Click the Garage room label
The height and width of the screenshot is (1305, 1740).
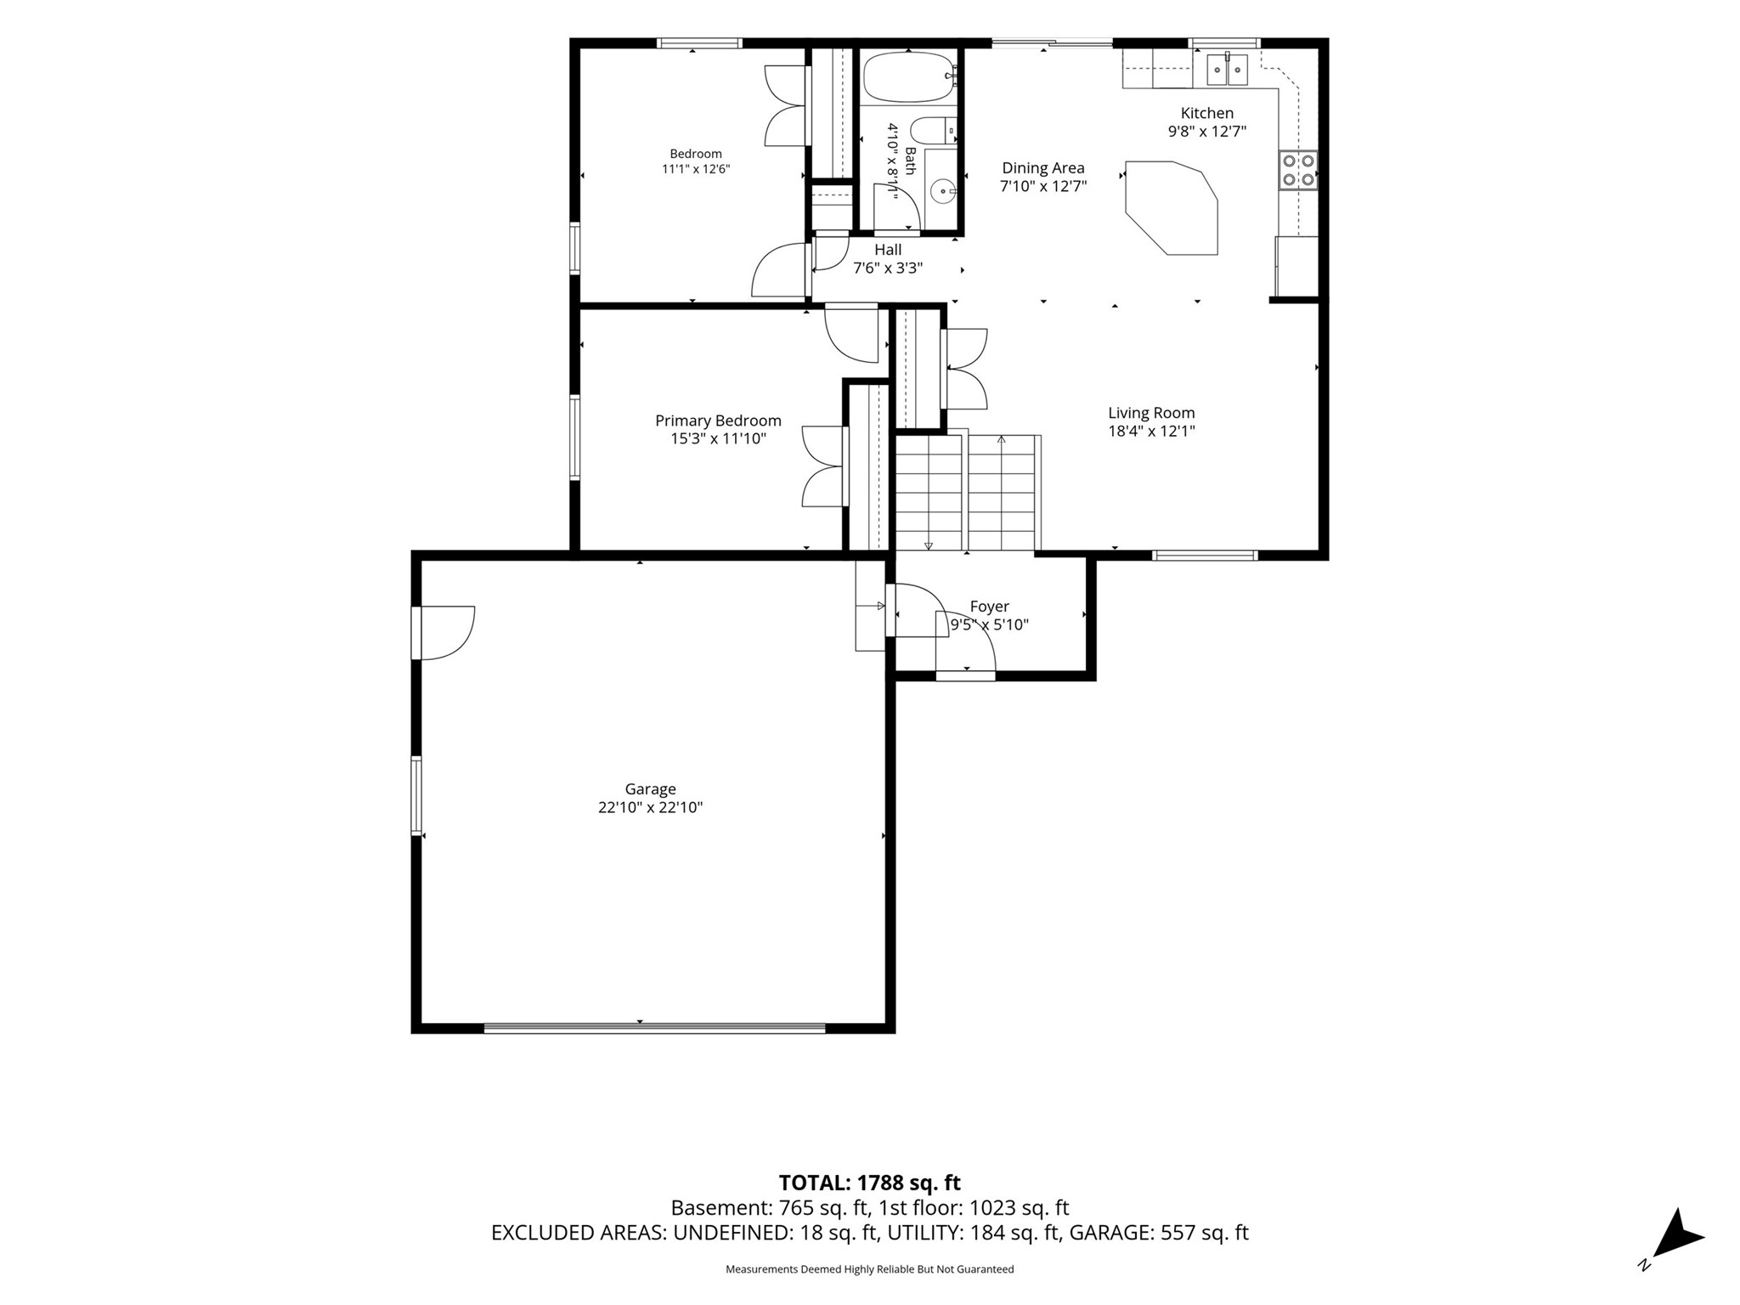click(x=650, y=789)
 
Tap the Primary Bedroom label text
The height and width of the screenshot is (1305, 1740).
click(x=718, y=421)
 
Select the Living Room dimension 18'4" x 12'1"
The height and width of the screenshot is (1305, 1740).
click(x=1151, y=431)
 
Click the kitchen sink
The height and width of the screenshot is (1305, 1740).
click(x=1227, y=68)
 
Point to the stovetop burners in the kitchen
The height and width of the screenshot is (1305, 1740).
click(x=1298, y=169)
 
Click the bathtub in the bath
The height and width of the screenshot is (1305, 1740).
click(x=907, y=77)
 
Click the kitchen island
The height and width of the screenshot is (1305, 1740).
click(x=1171, y=207)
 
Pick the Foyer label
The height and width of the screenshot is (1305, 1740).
click(x=990, y=607)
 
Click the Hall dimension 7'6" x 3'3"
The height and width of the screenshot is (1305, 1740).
click(x=888, y=268)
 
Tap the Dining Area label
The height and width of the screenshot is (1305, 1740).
click(x=1043, y=168)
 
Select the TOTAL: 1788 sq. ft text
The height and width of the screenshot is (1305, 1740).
click(x=870, y=1183)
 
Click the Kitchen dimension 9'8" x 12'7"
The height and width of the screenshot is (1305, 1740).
click(x=1207, y=132)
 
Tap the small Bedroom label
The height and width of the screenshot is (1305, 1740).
click(x=696, y=154)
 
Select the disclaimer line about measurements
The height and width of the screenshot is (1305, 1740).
click(x=870, y=1269)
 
